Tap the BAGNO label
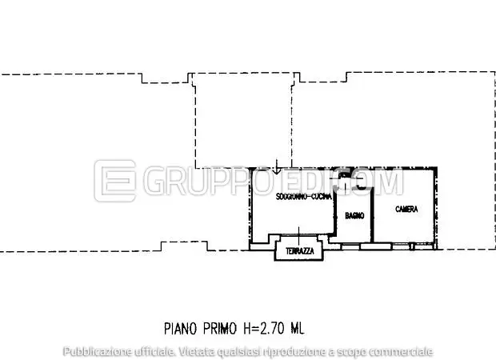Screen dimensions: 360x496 [x=355, y=216]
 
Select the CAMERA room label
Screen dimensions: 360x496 [x=406, y=210]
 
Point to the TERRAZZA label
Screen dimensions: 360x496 [x=298, y=252]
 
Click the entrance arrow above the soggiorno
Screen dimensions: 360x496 [x=276, y=167]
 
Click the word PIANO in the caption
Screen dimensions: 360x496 [x=180, y=328]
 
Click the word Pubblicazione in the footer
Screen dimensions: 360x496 [x=95, y=351]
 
